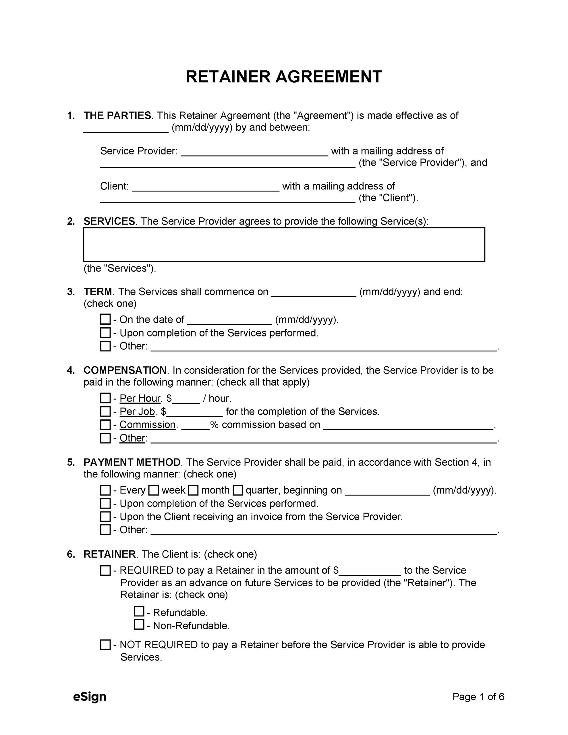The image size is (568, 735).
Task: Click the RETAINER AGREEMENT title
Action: (x=284, y=77)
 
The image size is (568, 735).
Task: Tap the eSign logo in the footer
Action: (x=90, y=696)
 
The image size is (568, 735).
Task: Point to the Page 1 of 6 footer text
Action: (x=478, y=696)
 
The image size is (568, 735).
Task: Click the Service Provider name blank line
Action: (x=254, y=152)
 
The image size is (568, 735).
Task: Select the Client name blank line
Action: (x=205, y=187)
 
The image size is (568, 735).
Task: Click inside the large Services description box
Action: (x=284, y=245)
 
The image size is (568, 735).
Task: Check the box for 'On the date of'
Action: (x=105, y=319)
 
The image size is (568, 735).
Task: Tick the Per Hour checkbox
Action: (x=105, y=398)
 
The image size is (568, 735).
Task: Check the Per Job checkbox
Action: (x=105, y=411)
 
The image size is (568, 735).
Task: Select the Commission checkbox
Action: (x=105, y=425)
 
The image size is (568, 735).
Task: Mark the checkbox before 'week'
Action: (x=154, y=490)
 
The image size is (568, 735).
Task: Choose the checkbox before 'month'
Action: (x=193, y=490)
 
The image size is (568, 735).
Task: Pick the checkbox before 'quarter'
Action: (x=238, y=490)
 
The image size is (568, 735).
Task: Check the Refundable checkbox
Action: (x=139, y=611)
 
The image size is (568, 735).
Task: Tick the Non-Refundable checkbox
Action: (x=139, y=625)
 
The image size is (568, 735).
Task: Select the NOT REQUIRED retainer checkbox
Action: (x=105, y=645)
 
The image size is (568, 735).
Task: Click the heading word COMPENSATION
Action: (x=125, y=370)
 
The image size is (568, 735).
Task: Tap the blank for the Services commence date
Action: (x=314, y=293)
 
